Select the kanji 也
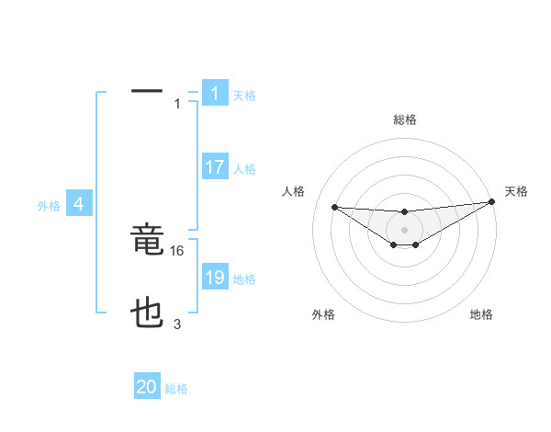tap(147, 315)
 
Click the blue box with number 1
tap(215, 94)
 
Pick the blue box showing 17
tap(215, 168)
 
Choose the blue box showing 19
tap(215, 278)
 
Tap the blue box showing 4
tap(80, 205)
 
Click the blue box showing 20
tap(147, 388)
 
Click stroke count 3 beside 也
tap(177, 324)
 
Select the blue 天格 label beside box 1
tap(244, 96)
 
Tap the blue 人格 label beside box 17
tap(244, 169)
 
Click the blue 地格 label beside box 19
tap(244, 279)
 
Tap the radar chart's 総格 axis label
tap(404, 119)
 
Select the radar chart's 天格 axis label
tap(516, 191)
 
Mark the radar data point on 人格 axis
tap(334, 207)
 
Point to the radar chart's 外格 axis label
tap(323, 314)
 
